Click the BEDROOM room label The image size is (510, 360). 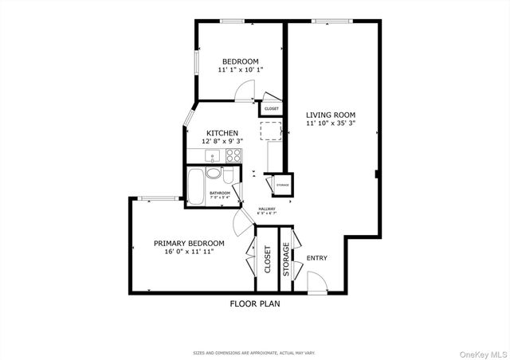(x=240, y=61)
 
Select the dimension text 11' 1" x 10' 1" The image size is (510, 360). (x=240, y=70)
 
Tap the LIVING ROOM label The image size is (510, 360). (x=331, y=115)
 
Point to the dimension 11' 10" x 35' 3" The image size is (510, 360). (x=331, y=123)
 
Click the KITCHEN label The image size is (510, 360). (x=222, y=133)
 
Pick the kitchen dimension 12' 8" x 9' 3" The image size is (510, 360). (x=222, y=141)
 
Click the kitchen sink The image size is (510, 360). (x=212, y=156)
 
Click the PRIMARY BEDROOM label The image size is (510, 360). (x=189, y=243)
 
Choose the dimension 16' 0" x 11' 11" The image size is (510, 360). (x=189, y=252)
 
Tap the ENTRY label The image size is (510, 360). (x=317, y=258)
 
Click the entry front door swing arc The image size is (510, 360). (x=316, y=280)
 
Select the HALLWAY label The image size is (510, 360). (x=266, y=209)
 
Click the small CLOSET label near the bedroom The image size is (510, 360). (x=272, y=109)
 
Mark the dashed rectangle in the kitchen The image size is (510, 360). (x=271, y=131)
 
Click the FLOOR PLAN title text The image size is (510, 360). (x=255, y=303)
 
